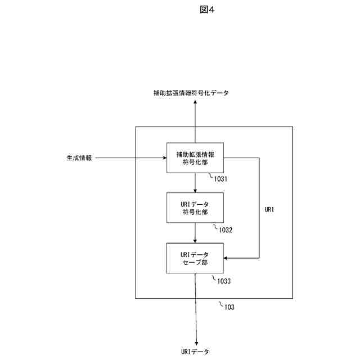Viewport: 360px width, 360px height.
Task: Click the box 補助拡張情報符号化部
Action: coord(195,158)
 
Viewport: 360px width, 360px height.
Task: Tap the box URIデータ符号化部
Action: coord(195,208)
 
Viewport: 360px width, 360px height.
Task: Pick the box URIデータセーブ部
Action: coord(195,258)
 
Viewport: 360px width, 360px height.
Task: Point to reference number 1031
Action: coord(220,179)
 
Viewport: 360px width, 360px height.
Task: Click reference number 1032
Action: coord(222,229)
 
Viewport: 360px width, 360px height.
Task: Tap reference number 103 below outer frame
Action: coord(229,307)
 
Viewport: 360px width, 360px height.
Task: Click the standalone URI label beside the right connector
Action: coord(269,209)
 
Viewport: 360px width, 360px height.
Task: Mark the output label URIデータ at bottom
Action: coord(195,352)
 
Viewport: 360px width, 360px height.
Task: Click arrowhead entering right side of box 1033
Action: coord(227,258)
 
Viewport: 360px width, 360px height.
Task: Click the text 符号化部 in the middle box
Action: coord(195,212)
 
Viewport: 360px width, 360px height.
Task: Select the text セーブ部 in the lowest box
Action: coord(195,263)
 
